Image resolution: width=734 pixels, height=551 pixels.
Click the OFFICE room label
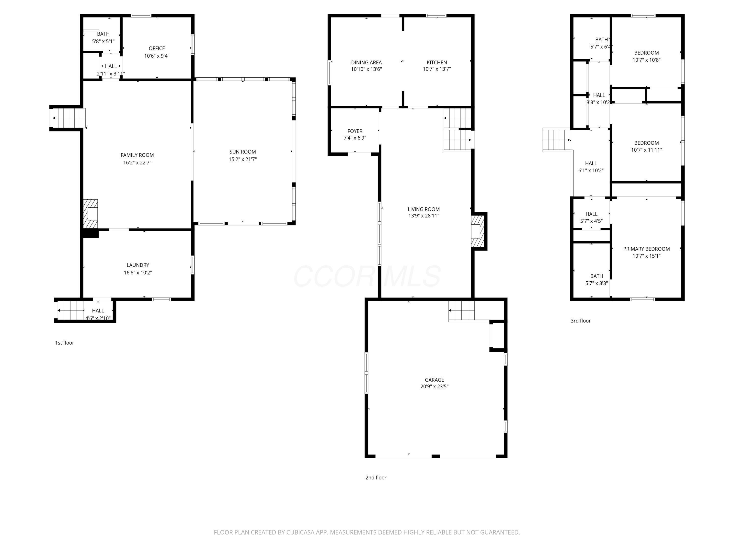coord(157,48)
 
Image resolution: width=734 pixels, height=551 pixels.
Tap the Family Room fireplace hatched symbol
coord(91,214)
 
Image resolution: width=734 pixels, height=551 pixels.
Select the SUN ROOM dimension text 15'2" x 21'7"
coord(242,159)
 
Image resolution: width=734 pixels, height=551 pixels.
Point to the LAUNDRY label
coord(138,265)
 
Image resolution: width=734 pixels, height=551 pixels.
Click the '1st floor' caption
coord(64,343)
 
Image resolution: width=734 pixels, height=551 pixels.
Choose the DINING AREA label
coord(366,62)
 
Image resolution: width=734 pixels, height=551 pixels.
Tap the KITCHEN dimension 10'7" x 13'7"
coord(437,69)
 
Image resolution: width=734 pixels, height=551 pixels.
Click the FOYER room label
coord(355,131)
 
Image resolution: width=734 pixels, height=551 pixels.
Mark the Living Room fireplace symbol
coord(478,231)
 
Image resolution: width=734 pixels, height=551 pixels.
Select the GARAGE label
coord(434,380)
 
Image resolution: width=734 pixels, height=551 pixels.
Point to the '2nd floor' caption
coord(376,478)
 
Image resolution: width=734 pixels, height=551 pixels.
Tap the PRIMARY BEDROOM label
coord(646,249)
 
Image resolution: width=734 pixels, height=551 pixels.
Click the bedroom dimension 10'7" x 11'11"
coord(646,150)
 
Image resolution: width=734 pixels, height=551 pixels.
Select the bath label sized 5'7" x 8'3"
coord(596,276)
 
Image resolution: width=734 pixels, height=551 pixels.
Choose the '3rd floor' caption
coord(580,321)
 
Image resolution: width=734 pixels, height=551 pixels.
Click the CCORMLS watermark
coord(367,276)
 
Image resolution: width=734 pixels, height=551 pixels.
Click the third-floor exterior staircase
coord(556,140)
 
